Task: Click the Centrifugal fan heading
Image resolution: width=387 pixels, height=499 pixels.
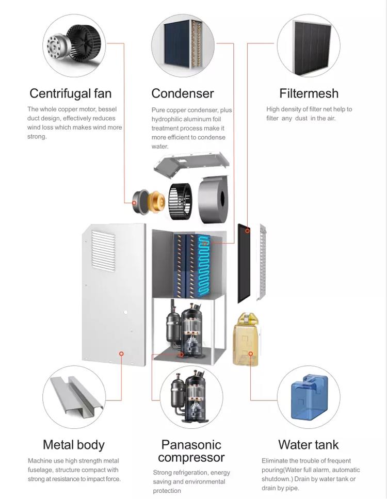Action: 70,93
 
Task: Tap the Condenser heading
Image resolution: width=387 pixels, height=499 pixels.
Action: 182,93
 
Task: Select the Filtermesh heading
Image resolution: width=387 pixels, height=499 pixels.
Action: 309,93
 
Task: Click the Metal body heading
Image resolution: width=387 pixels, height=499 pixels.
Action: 73,445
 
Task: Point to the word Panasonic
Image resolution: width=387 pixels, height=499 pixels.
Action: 191,445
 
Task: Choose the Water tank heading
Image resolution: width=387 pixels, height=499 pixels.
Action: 309,445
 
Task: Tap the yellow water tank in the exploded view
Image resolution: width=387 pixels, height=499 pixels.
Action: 246,340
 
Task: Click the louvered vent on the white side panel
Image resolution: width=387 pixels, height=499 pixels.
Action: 103,251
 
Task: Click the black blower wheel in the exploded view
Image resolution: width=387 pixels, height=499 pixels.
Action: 180,201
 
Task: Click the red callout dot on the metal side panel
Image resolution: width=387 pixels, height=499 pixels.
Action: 121,353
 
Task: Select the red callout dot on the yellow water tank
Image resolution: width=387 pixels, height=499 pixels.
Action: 250,353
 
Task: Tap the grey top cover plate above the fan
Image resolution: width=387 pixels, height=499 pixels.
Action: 191,163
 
